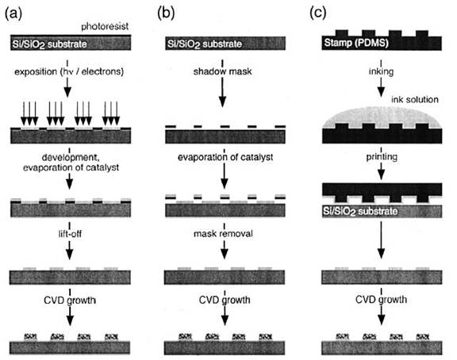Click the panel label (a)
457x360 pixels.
[x=13, y=13]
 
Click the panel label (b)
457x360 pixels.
[x=166, y=13]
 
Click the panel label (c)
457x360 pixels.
[x=317, y=13]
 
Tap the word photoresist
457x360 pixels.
[x=105, y=26]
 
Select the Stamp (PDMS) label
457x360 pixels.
[x=356, y=43]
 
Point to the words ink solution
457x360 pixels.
[x=415, y=100]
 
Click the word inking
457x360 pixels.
[x=381, y=71]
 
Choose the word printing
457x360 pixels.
[x=382, y=157]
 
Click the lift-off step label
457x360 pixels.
[x=70, y=234]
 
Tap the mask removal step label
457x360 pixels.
[x=223, y=234]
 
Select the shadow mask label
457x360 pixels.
[x=223, y=71]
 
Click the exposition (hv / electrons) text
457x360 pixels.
[x=69, y=71]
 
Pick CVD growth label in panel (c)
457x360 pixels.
[x=381, y=300]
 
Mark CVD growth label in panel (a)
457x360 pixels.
[x=70, y=300]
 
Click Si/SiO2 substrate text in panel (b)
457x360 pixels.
[x=205, y=44]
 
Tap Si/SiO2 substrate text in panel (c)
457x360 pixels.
[x=360, y=211]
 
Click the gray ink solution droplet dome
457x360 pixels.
[x=382, y=117]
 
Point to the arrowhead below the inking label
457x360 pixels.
[x=381, y=92]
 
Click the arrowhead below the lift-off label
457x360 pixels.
[x=69, y=255]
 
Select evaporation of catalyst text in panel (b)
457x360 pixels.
[x=225, y=157]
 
